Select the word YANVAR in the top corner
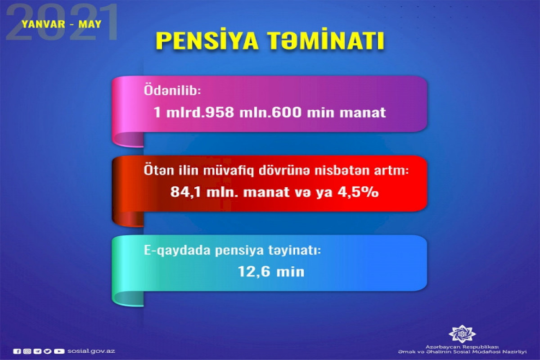click(43, 24)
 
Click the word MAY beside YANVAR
click(90, 24)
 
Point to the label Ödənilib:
click(172, 90)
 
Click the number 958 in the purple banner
click(220, 112)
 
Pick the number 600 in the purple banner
click(287, 112)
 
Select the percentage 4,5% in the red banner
click(358, 192)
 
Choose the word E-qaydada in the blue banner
click(177, 251)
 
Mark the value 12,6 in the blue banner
click(254, 272)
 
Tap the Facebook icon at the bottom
click(17, 351)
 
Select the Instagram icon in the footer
click(27, 351)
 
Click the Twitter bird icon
click(48, 351)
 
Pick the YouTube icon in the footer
click(59, 351)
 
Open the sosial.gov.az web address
click(91, 351)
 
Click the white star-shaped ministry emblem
click(462, 334)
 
